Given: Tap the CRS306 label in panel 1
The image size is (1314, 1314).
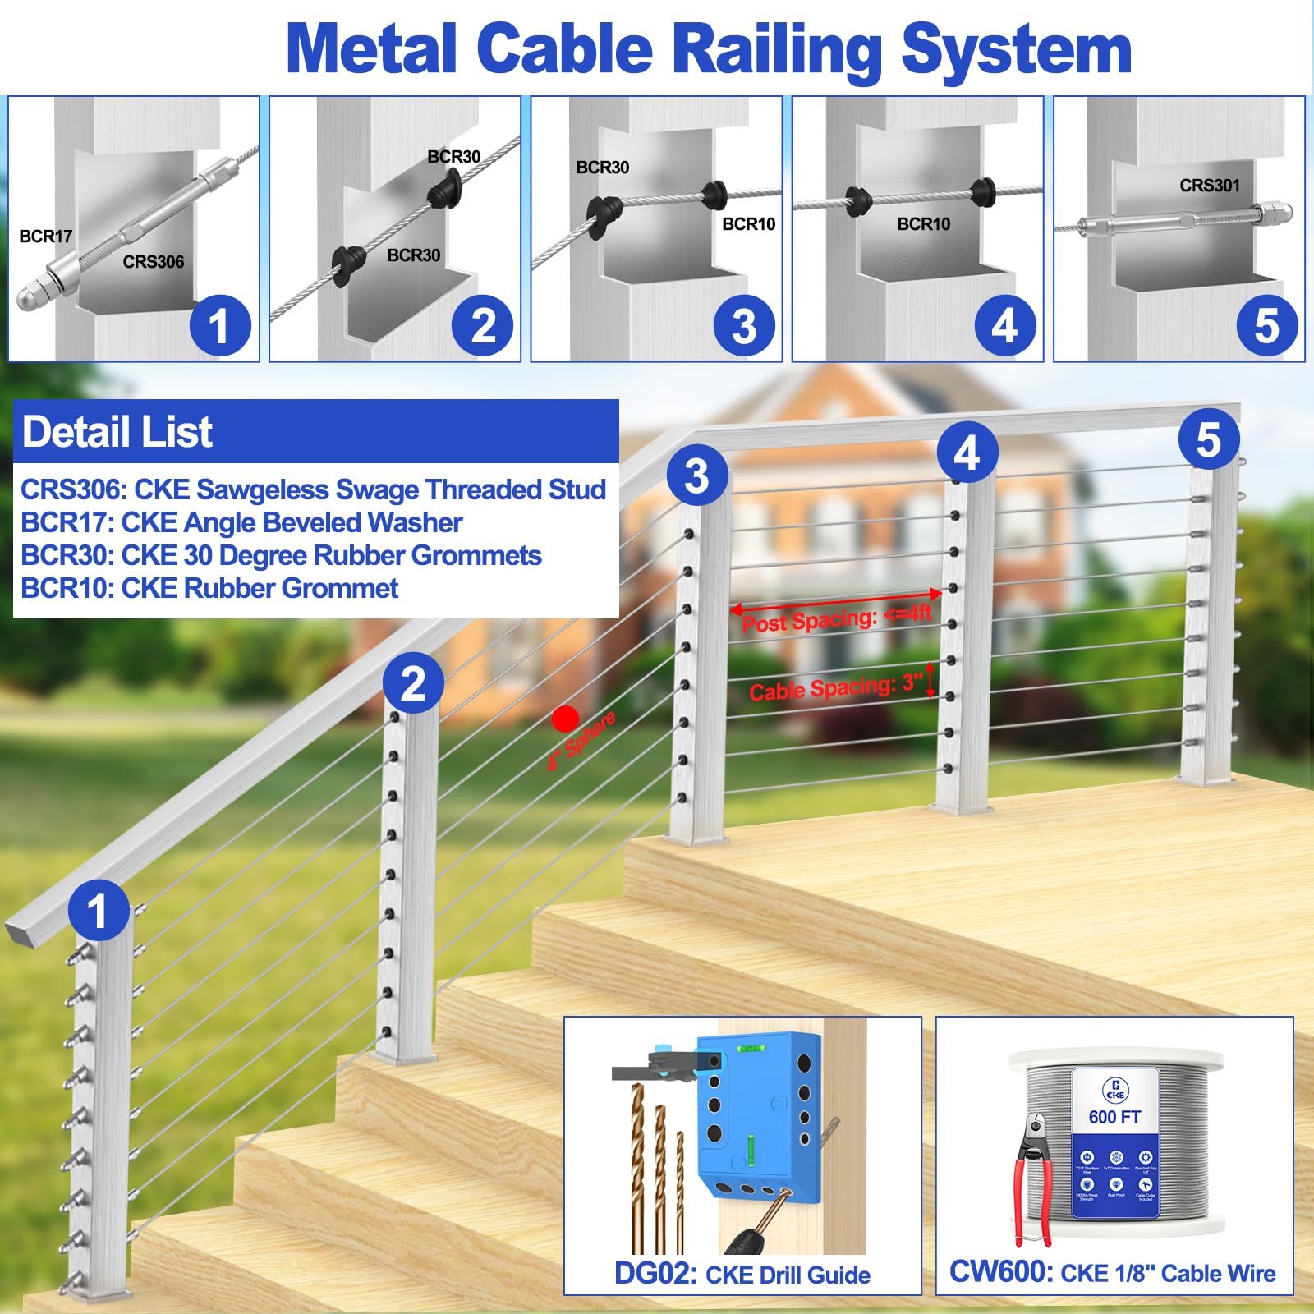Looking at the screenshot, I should coord(153,262).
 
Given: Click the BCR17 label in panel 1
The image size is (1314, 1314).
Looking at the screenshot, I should coord(46,237).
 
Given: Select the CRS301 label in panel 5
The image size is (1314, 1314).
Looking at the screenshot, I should coord(1209,186).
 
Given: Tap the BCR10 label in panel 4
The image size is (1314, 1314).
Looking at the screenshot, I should coord(923,223).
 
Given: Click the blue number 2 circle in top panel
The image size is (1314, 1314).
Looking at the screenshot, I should coord(482,325).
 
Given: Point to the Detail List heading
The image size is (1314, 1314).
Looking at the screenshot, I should coord(117,432).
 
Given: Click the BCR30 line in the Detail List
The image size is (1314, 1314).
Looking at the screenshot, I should coord(280,555).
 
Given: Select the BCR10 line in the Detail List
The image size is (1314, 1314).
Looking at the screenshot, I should coord(209,588).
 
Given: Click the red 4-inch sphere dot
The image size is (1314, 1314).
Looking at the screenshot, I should coord(565,719).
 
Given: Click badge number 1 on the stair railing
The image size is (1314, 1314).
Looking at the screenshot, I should coord(99,910).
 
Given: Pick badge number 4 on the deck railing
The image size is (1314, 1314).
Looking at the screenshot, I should coord(967,453).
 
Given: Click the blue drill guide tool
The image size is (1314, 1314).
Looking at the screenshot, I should coord(756,1117).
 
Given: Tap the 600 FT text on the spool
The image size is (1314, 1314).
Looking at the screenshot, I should coord(1114,1117).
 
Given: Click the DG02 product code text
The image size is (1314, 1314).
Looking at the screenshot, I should coord(655,1274).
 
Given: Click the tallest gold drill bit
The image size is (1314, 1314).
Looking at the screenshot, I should coord(639,1166).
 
